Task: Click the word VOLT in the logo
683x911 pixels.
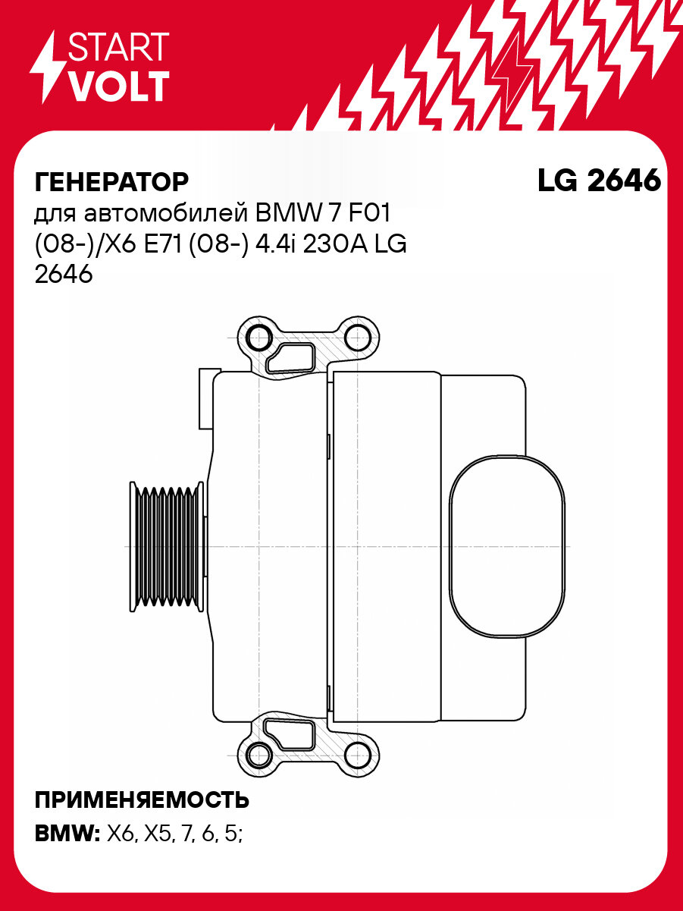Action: [x=118, y=86]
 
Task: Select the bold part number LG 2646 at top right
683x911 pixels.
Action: [x=599, y=181]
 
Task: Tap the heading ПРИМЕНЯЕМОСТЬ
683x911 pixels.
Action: [x=143, y=799]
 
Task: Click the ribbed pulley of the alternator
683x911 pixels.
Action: [x=166, y=545]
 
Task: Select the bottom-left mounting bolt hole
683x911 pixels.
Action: [x=260, y=754]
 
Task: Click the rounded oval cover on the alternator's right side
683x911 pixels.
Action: [x=506, y=545]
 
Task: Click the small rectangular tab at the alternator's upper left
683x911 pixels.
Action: [x=204, y=399]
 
